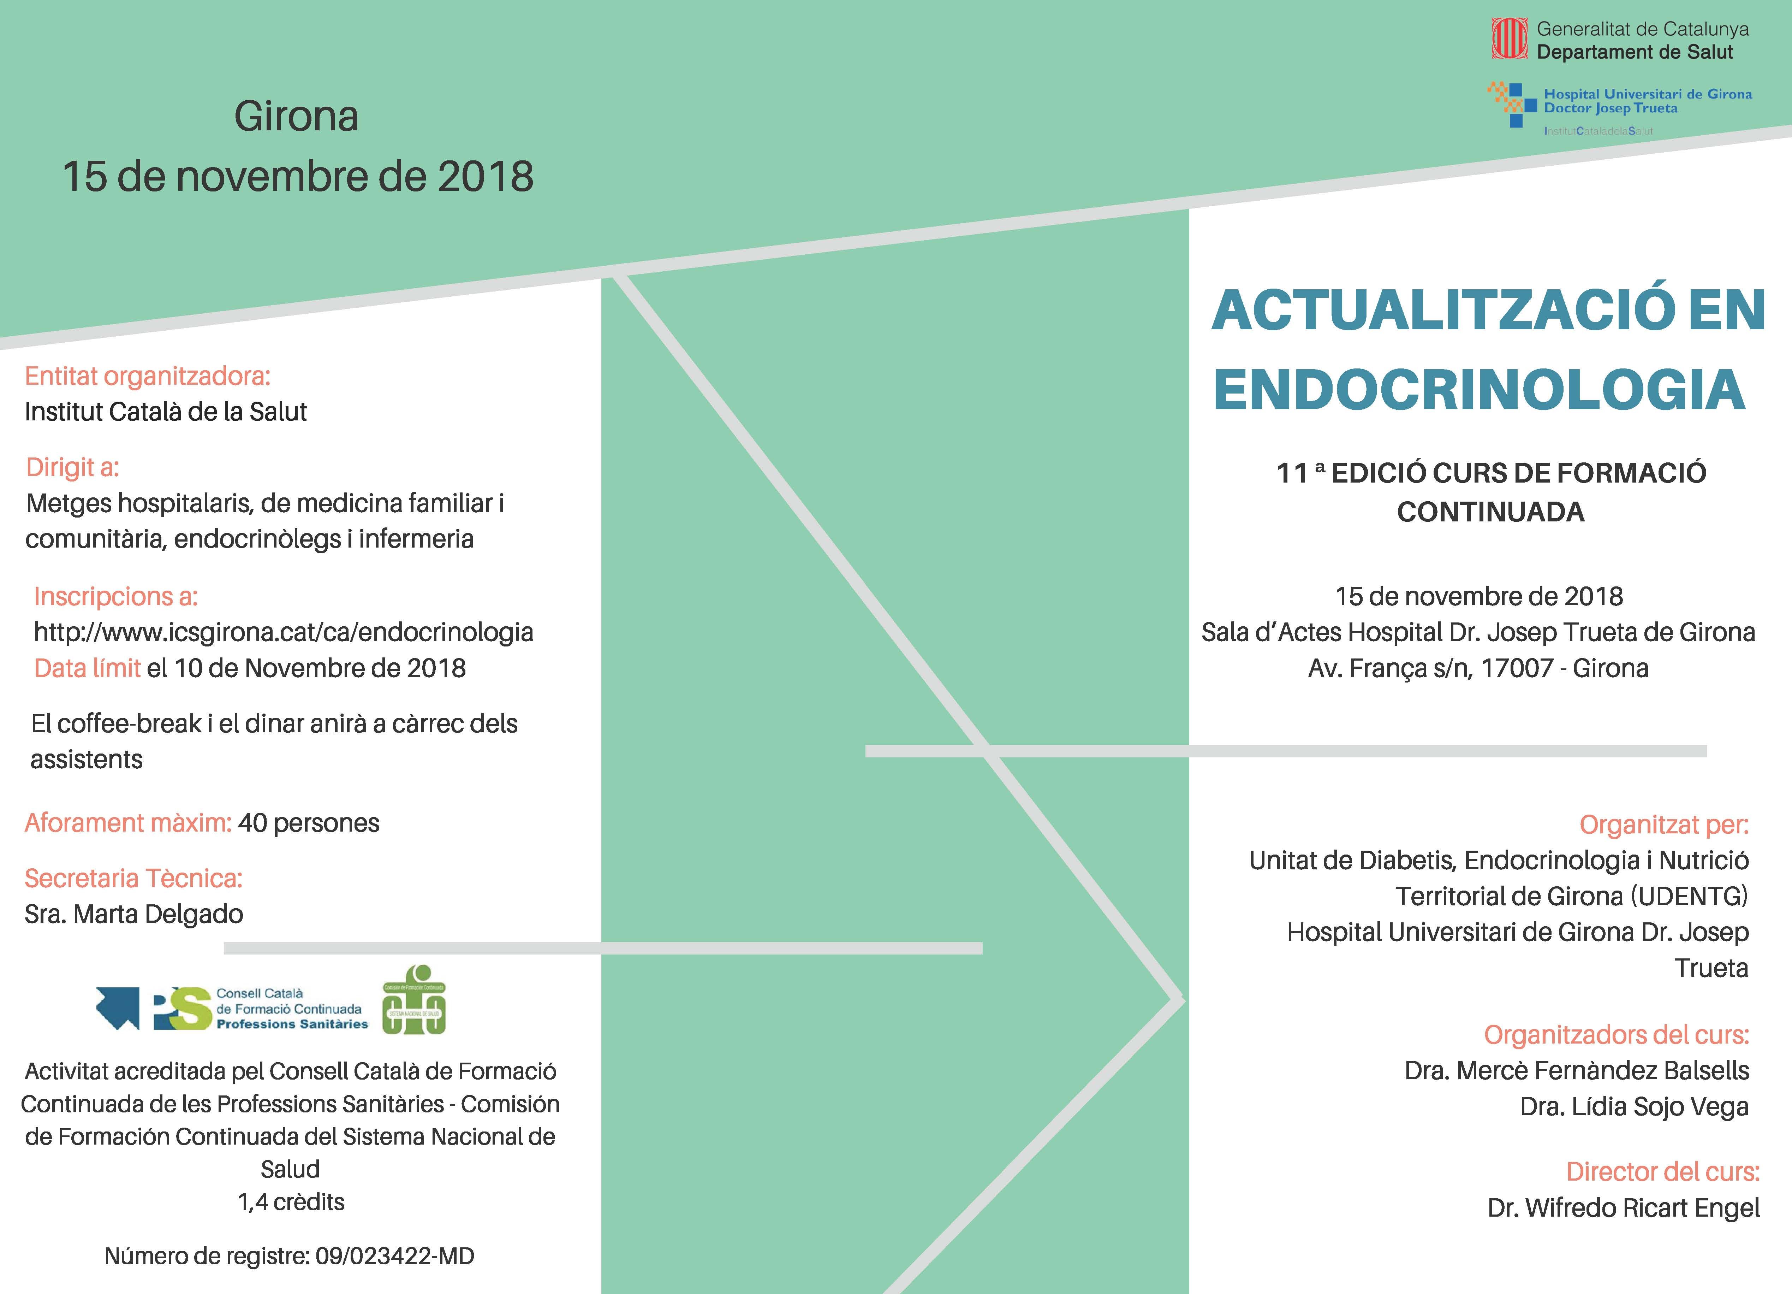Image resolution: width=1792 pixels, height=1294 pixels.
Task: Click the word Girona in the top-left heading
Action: (x=296, y=116)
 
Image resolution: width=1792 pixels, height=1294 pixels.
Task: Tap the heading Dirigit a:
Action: (x=73, y=467)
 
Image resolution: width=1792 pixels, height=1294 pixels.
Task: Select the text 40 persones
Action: (x=308, y=823)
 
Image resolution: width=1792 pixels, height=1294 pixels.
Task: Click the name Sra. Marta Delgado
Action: (x=133, y=914)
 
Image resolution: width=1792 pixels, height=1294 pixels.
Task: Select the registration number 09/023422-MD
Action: (x=394, y=1256)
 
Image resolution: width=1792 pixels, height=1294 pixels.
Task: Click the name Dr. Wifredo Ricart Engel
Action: (x=1623, y=1208)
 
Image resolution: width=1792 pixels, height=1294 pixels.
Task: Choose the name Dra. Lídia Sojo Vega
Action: (x=1634, y=1107)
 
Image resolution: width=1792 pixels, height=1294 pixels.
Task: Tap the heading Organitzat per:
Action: (x=1663, y=825)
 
